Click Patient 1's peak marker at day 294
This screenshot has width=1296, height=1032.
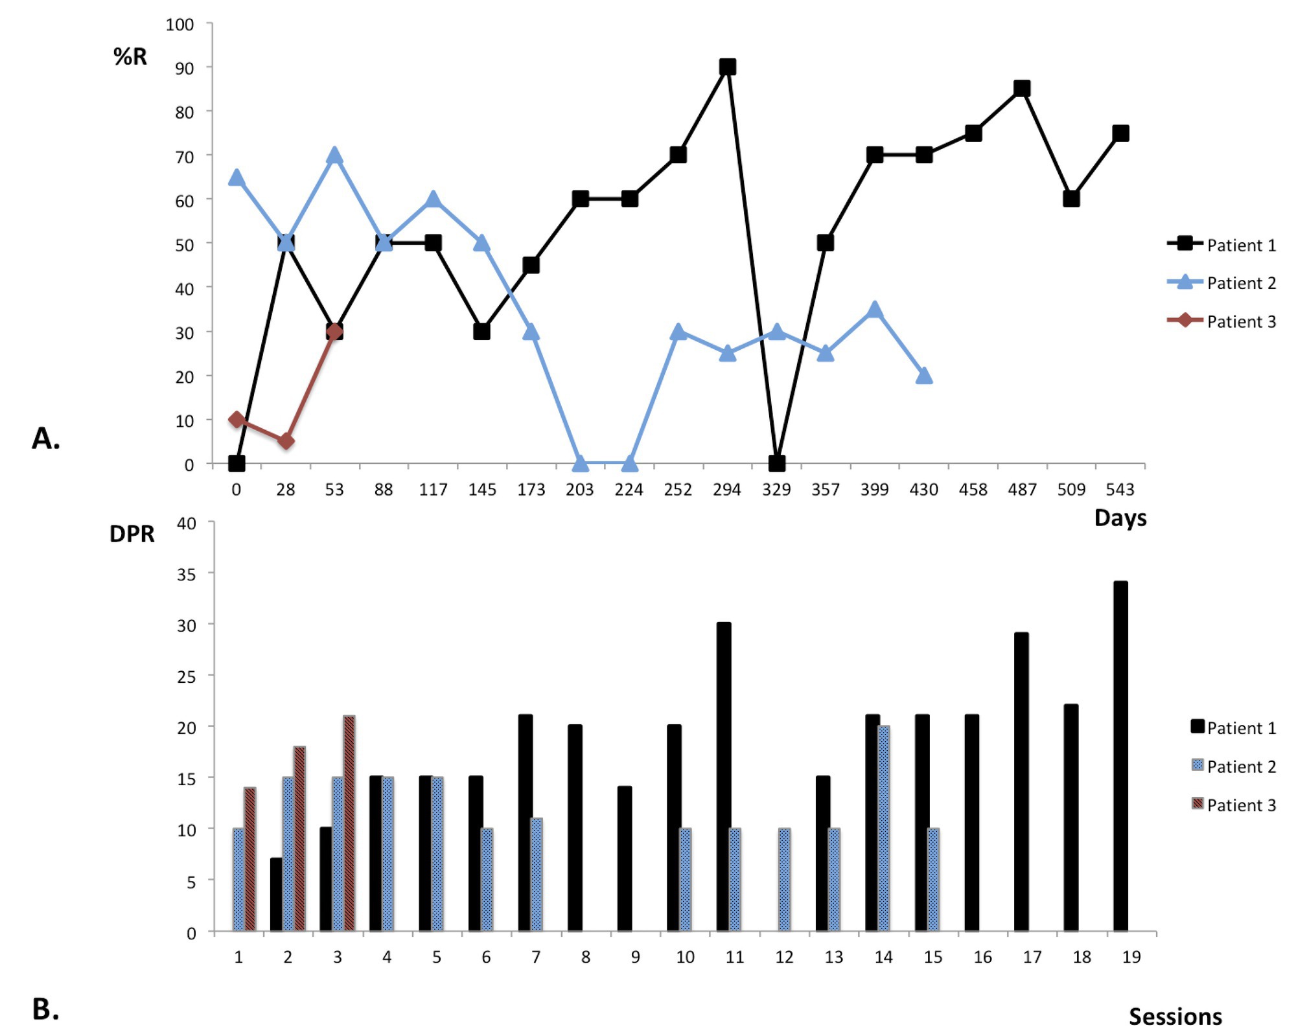[x=727, y=67]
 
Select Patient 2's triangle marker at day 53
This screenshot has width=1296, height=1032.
[x=334, y=155]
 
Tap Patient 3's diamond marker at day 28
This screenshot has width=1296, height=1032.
[x=286, y=441]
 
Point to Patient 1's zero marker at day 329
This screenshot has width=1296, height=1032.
[x=776, y=463]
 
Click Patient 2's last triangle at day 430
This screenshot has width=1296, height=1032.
[x=924, y=376]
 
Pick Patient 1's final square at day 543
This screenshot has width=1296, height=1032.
[x=1120, y=133]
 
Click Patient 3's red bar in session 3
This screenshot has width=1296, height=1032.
[x=349, y=823]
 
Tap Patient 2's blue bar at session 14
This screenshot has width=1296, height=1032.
[x=883, y=829]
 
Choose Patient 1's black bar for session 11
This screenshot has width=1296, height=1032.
[x=724, y=777]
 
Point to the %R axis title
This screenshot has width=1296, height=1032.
[x=130, y=56]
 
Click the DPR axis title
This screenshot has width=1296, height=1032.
[x=132, y=534]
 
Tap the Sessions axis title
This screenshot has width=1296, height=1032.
[x=1175, y=1015]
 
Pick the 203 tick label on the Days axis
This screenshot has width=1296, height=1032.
[x=579, y=490]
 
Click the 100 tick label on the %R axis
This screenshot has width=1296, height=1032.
[x=179, y=25]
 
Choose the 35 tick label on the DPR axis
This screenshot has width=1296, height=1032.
[x=187, y=574]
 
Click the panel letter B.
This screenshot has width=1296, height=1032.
[x=45, y=1009]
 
